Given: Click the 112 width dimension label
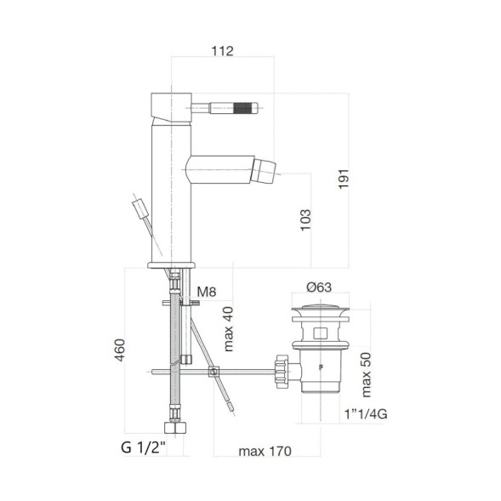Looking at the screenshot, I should tap(222, 51).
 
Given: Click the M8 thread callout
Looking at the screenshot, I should tap(207, 293).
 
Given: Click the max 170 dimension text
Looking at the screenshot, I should tap(265, 450).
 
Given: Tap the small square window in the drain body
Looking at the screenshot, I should tap(321, 332).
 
